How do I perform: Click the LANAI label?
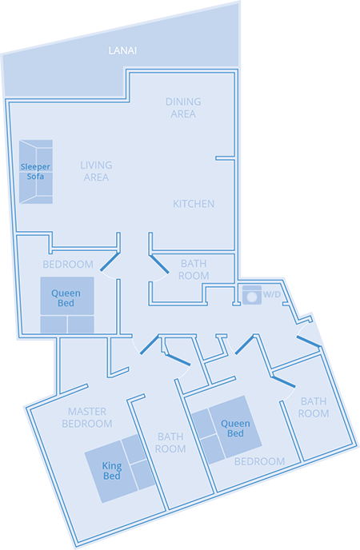(123, 50)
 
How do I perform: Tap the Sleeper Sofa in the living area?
(36, 171)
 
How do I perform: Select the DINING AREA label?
(182, 108)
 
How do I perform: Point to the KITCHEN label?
(194, 204)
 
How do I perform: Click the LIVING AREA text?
(96, 171)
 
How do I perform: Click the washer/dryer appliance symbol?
(251, 295)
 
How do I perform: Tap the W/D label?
(272, 295)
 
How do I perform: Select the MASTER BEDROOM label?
(86, 417)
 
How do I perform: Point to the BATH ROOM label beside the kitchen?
(194, 269)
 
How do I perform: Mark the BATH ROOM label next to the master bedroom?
(171, 443)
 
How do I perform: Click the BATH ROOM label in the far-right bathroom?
(314, 407)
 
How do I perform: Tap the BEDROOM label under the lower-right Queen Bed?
(259, 461)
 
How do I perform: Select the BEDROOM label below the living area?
(67, 264)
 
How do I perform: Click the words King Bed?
(112, 471)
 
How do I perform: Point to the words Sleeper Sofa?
(35, 171)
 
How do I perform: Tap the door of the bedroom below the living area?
(110, 264)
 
